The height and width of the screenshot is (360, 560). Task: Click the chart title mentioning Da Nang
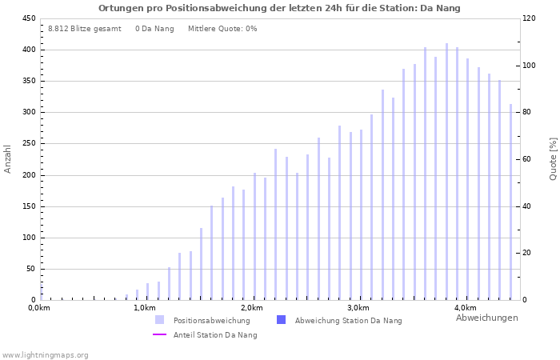[279, 8]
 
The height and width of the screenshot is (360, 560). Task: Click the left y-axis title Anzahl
[8, 158]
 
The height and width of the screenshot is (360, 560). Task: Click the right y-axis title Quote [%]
[553, 158]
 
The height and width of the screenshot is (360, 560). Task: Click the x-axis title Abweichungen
[486, 318]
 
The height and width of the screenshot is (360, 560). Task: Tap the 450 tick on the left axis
[28, 18]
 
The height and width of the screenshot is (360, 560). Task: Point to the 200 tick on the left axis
[28, 175]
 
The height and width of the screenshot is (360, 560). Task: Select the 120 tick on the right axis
[530, 18]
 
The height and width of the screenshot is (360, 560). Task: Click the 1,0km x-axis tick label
[144, 308]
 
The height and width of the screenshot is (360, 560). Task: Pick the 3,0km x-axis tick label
[358, 308]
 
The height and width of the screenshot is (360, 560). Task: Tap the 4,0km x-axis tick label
[466, 308]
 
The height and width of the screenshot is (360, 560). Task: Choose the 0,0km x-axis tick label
[39, 308]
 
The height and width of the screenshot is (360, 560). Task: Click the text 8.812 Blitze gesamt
[85, 29]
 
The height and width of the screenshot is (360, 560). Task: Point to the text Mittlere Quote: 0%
[222, 29]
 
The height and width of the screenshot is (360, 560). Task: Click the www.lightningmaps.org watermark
[45, 354]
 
